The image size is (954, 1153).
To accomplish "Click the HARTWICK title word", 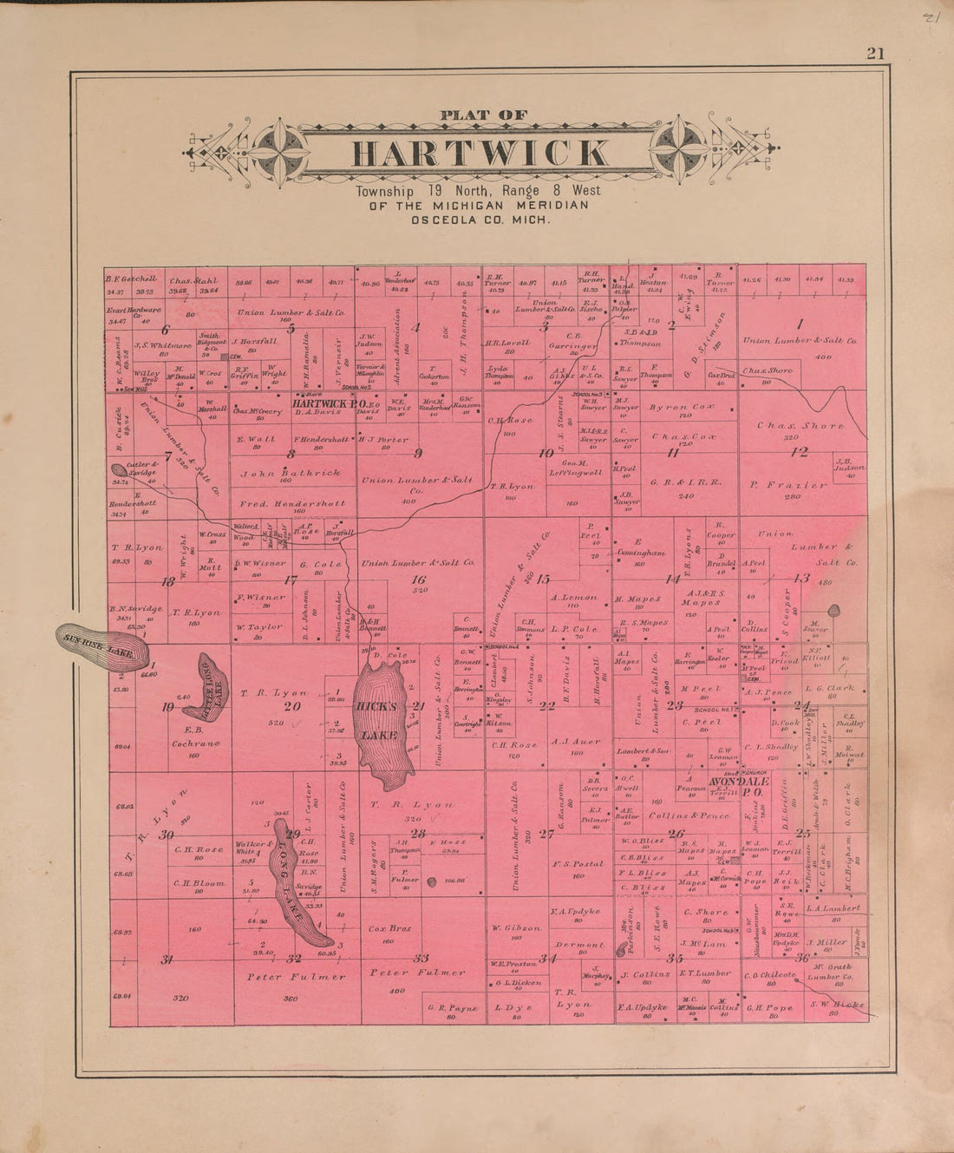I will [480, 153].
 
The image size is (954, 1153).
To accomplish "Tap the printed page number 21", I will [874, 54].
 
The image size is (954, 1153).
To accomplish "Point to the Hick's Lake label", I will [378, 721].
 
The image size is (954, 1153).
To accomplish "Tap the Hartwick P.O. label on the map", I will [326, 404].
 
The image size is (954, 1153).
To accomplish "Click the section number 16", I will [419, 580].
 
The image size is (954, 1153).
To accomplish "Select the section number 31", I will [167, 959].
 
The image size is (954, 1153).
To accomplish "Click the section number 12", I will [799, 452].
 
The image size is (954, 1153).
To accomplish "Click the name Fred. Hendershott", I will [294, 503].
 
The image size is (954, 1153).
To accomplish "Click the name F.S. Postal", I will [578, 864].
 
